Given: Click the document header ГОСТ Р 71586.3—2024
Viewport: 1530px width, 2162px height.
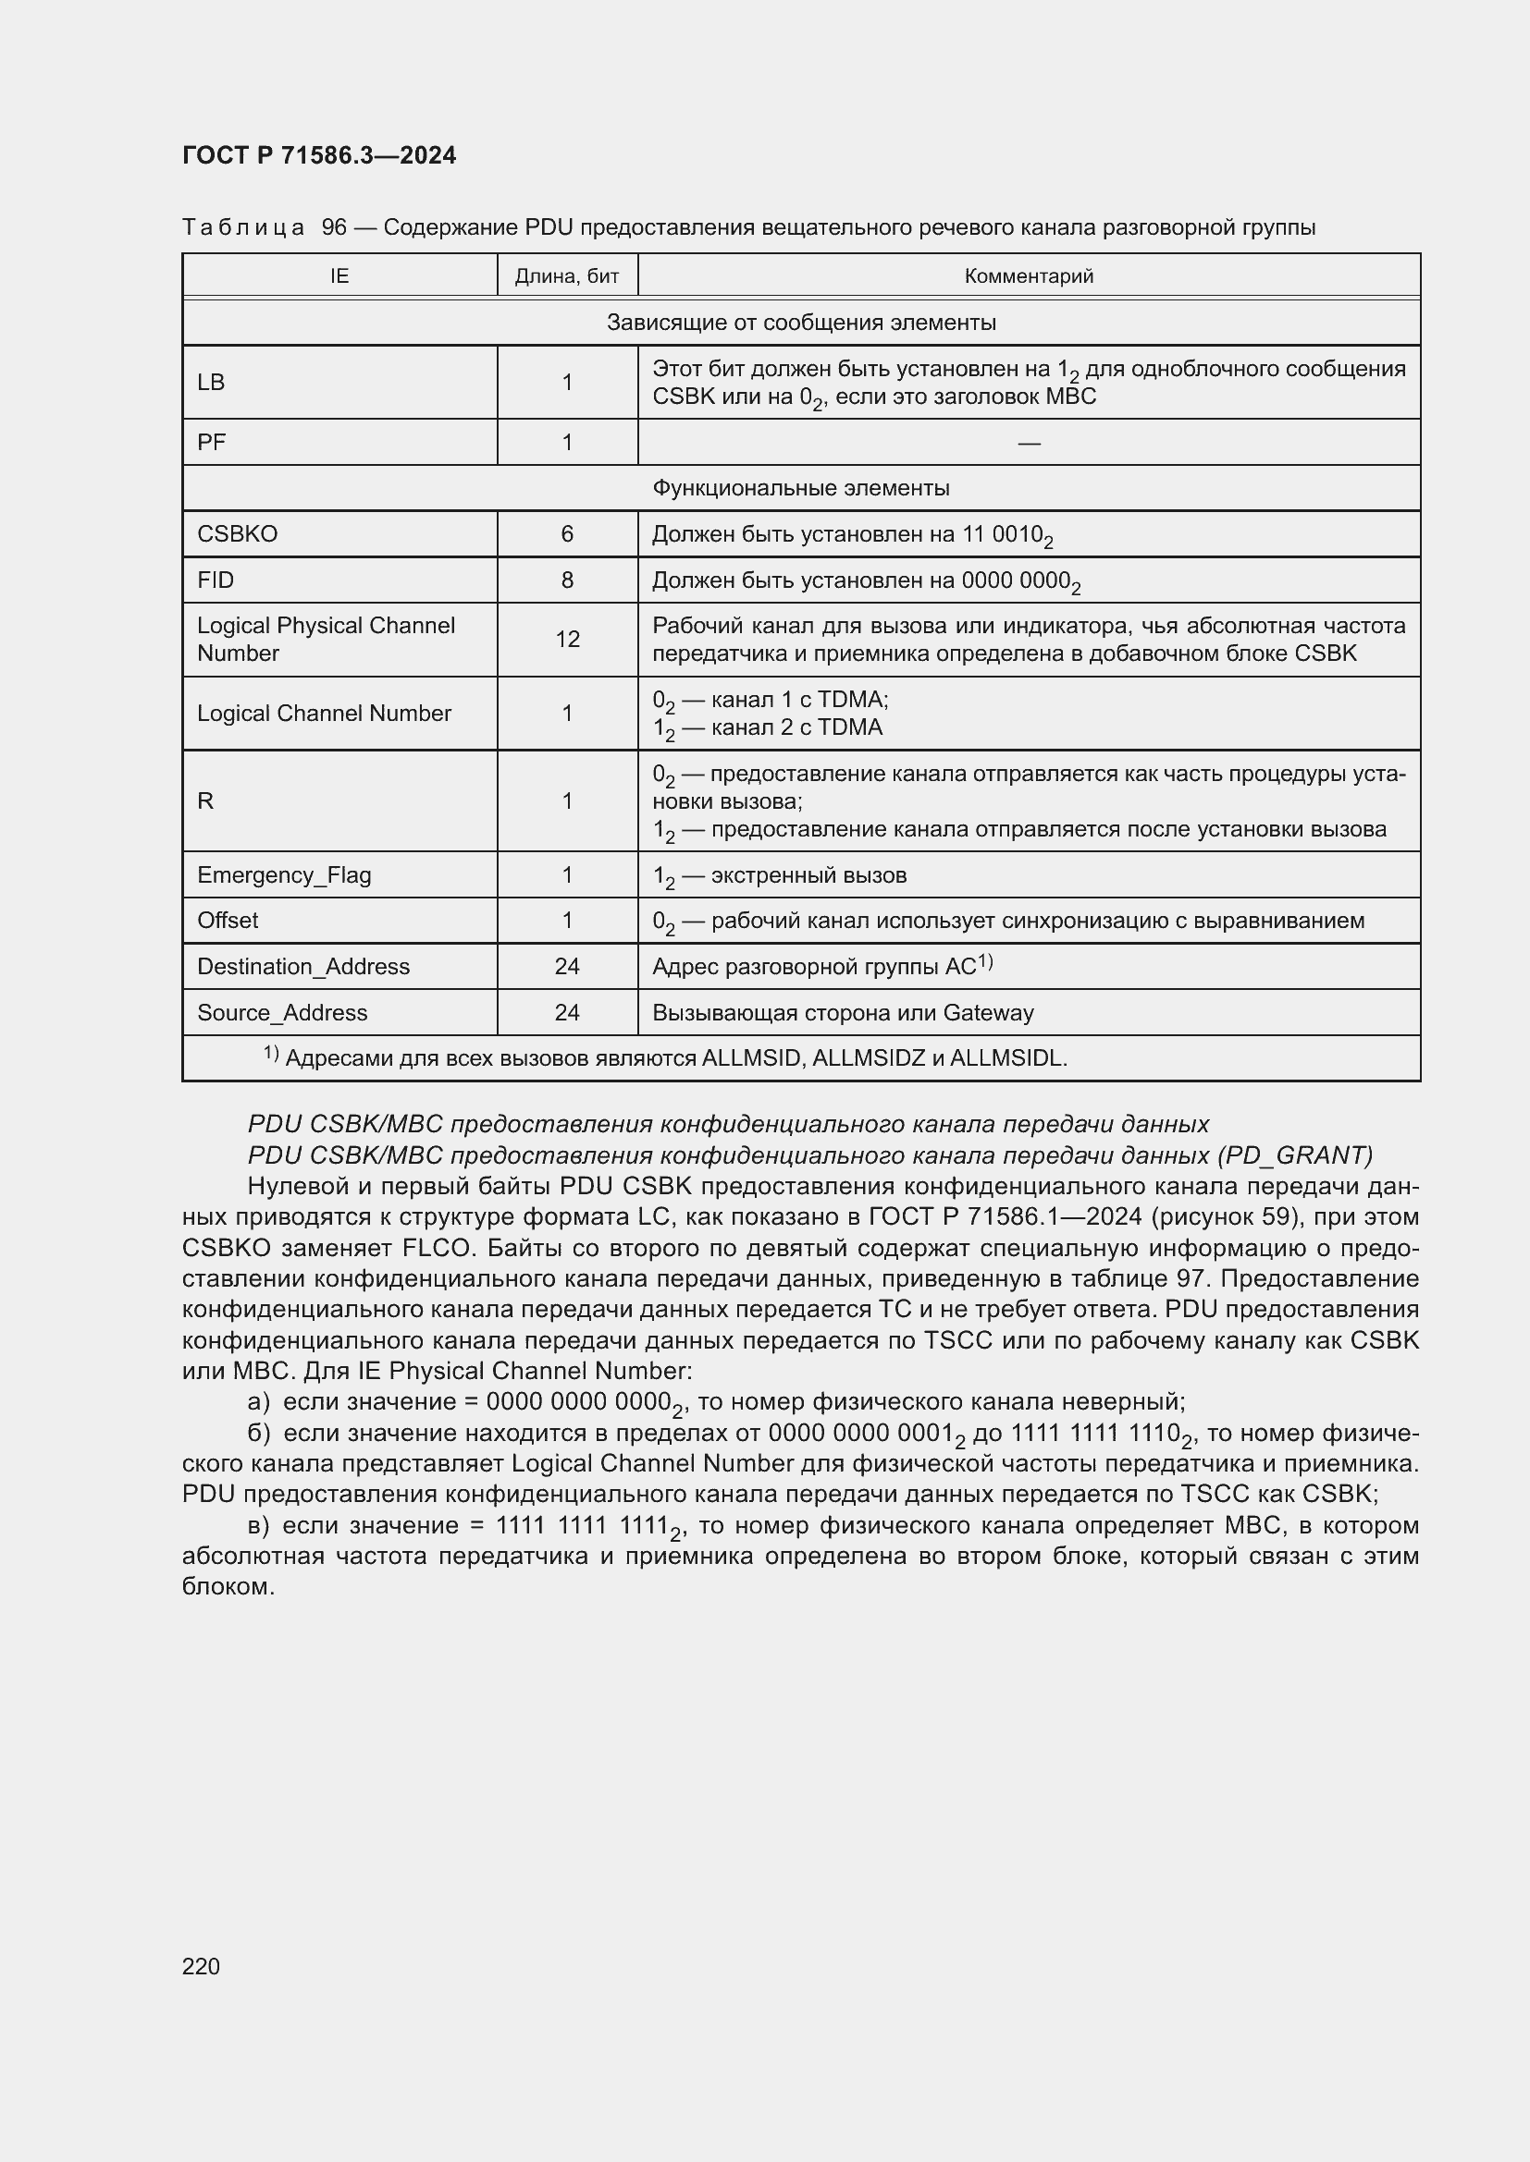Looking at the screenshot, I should [x=318, y=155].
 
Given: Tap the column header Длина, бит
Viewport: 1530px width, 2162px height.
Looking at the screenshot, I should [x=566, y=275].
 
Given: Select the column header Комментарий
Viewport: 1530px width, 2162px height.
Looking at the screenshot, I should [x=1028, y=275].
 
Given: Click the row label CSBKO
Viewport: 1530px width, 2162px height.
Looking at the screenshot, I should [x=238, y=534].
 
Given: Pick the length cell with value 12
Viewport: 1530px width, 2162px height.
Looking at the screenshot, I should [x=566, y=640].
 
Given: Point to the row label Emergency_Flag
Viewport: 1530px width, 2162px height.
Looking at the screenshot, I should [x=284, y=874].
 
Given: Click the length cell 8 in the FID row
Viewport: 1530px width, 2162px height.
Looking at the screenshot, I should [x=566, y=580].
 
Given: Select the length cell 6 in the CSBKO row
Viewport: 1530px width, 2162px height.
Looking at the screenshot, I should [x=566, y=534].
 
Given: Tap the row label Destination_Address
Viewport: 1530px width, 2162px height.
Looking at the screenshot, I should [x=302, y=966].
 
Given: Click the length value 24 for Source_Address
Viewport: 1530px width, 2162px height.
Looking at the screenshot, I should [x=566, y=1012].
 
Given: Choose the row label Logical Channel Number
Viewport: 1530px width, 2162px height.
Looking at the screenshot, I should [x=323, y=713].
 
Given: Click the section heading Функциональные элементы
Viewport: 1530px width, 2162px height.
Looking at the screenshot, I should [x=800, y=488].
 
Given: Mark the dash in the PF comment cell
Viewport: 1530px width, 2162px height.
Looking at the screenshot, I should [x=1028, y=443].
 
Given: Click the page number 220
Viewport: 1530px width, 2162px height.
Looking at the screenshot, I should [x=201, y=1966].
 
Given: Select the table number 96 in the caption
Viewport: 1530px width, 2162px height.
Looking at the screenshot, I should [x=334, y=227].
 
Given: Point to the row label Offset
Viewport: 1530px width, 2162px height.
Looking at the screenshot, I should [x=227, y=920].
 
